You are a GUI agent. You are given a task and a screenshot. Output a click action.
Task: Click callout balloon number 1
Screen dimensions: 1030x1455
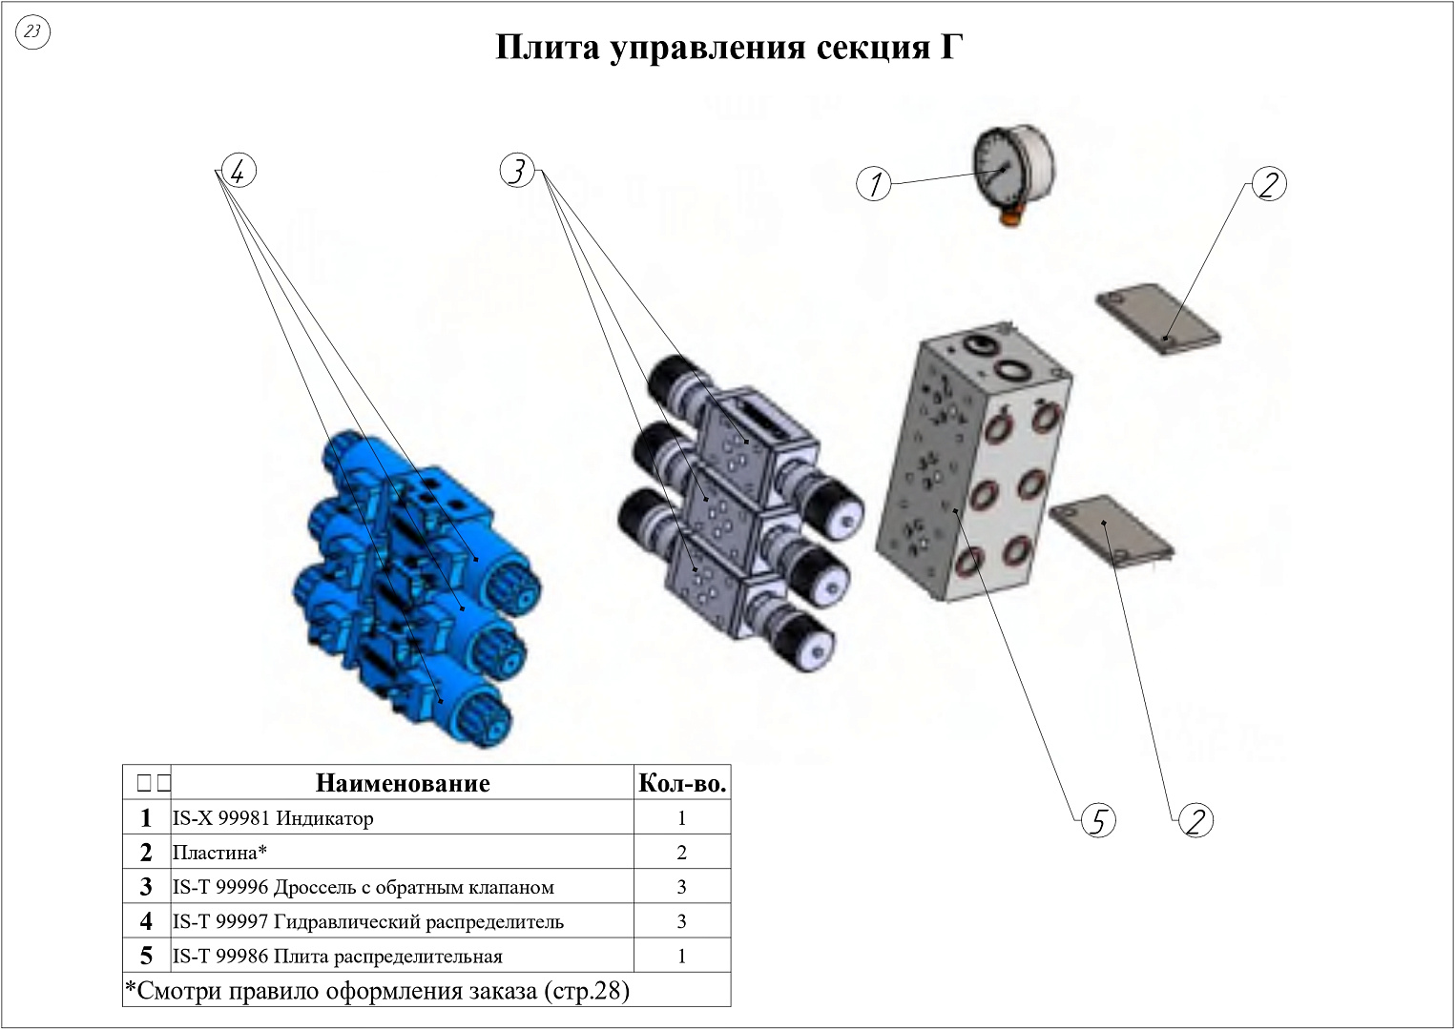pyautogui.click(x=875, y=183)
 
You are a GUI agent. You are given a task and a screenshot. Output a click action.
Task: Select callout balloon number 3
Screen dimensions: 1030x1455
pyautogui.click(x=516, y=171)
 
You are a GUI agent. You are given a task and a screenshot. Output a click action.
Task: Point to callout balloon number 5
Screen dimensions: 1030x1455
pyautogui.click(x=1098, y=820)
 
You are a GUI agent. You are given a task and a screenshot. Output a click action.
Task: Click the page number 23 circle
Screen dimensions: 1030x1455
pyautogui.click(x=32, y=32)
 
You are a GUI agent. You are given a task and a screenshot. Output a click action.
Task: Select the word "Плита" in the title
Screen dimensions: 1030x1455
pyautogui.click(x=547, y=47)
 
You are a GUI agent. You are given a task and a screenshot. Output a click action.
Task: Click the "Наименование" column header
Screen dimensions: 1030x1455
pyautogui.click(x=402, y=783)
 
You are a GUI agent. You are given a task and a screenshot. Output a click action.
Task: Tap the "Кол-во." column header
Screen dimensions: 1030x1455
pyautogui.click(x=682, y=783)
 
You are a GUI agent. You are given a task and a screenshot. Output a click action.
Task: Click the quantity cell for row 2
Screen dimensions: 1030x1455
pyautogui.click(x=682, y=853)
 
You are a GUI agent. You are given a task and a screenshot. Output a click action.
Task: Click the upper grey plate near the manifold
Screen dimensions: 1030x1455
pyautogui.click(x=1157, y=320)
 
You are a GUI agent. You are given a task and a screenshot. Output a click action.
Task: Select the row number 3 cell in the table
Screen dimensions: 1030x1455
pyautogui.click(x=146, y=887)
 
